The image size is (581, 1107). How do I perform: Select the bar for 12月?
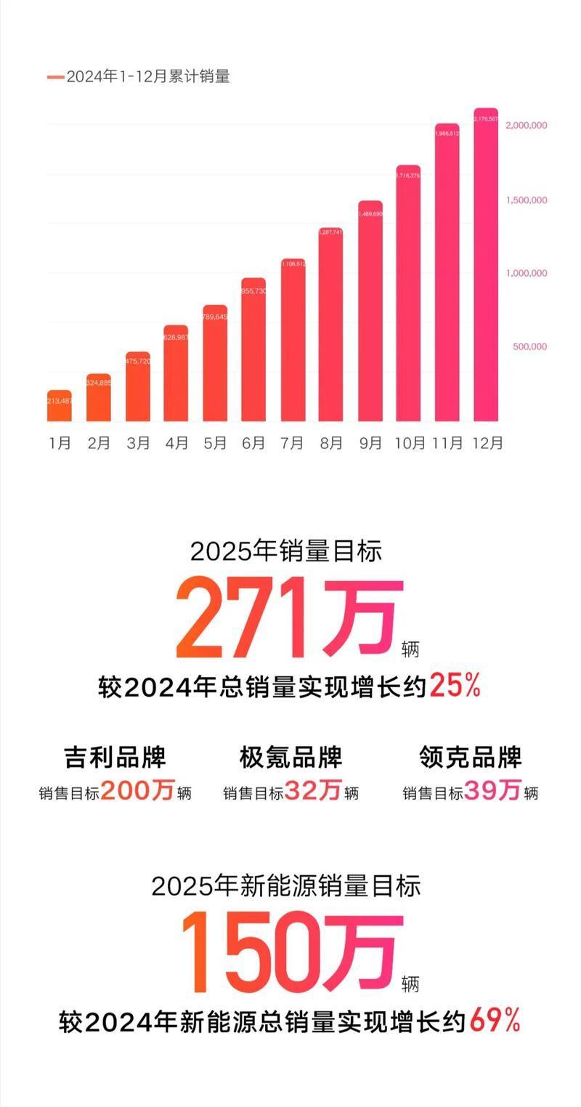[x=486, y=265]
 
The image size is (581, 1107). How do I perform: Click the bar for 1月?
[x=60, y=406]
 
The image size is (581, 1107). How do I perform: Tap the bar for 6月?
[x=253, y=349]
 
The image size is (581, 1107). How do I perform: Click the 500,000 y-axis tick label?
[x=529, y=346]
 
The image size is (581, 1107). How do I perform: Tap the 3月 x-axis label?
[x=137, y=442]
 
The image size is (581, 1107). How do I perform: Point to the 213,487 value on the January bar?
[x=60, y=402]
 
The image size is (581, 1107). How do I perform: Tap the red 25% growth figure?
[x=455, y=685]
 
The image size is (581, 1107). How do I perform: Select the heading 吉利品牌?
[x=115, y=757]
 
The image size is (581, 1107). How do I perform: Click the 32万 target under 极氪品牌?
[x=313, y=790]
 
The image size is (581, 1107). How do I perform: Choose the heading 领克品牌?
[x=471, y=757]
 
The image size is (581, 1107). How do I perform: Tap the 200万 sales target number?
[x=137, y=790]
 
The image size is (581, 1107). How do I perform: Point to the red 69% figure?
[x=495, y=1021]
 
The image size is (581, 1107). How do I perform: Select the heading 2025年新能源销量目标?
[x=286, y=886]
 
